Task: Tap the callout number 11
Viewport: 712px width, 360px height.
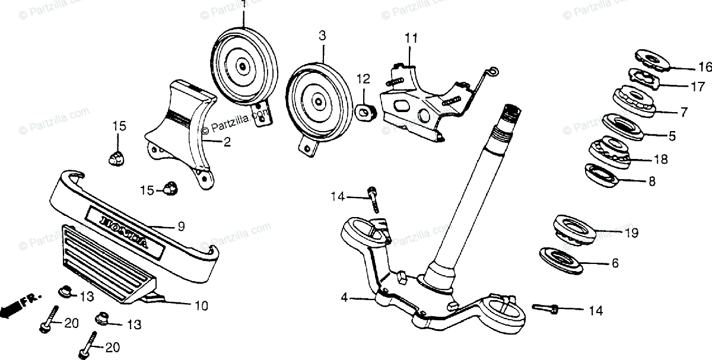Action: (411, 39)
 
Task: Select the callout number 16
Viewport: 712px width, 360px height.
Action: (704, 66)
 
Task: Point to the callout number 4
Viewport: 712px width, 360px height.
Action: (344, 298)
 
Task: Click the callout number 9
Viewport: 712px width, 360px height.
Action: (181, 226)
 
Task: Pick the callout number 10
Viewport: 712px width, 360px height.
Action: (201, 306)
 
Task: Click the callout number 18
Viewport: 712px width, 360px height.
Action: (660, 160)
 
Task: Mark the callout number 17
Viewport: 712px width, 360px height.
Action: (697, 86)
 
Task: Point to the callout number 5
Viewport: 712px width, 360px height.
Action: (672, 136)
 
